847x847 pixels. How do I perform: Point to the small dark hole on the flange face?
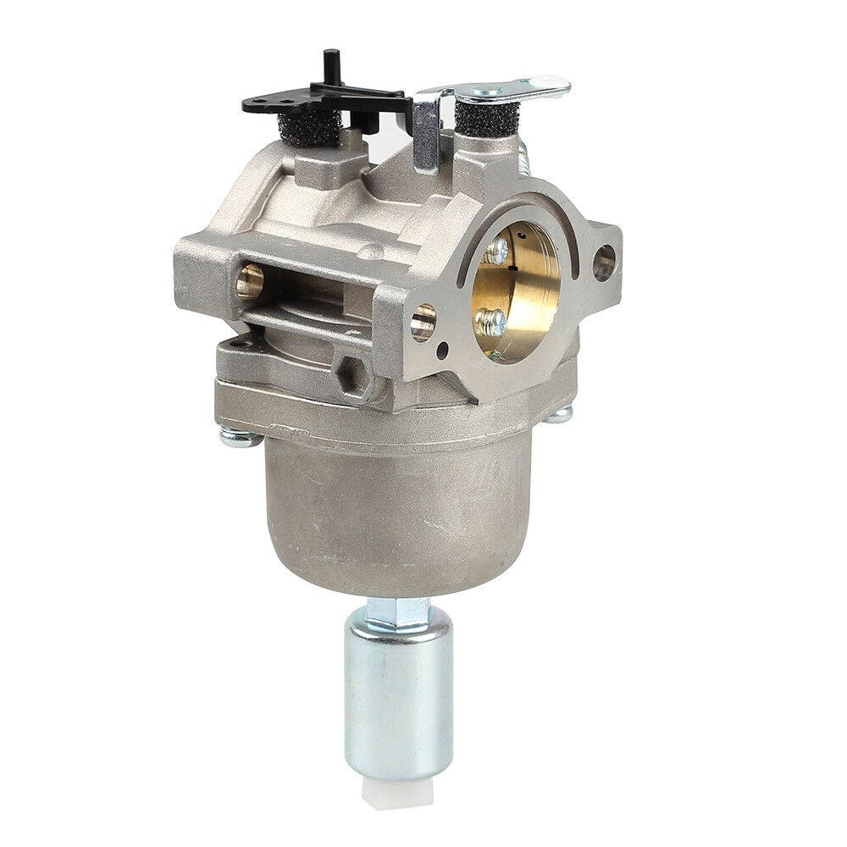coord(444,348)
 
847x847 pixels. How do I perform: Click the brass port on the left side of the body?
coord(249,280)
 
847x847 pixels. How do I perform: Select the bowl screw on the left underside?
coord(239,436)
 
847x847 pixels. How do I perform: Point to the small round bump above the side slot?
coord(370,251)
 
